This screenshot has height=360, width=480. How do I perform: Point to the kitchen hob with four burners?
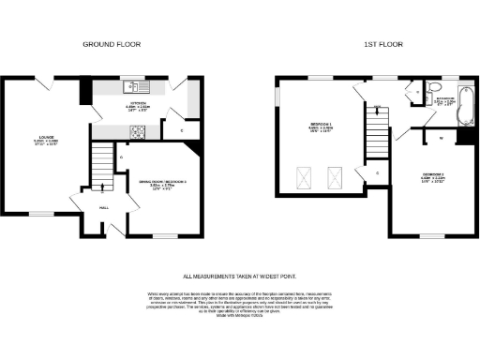click(x=138, y=131)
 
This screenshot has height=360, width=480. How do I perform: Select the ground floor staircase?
click(x=99, y=170)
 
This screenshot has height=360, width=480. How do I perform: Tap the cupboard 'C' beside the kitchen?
click(x=181, y=130)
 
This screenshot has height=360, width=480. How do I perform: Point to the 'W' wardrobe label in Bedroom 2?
click(x=441, y=139)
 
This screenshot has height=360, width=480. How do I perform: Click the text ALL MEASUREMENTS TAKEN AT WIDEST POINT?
click(x=239, y=277)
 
